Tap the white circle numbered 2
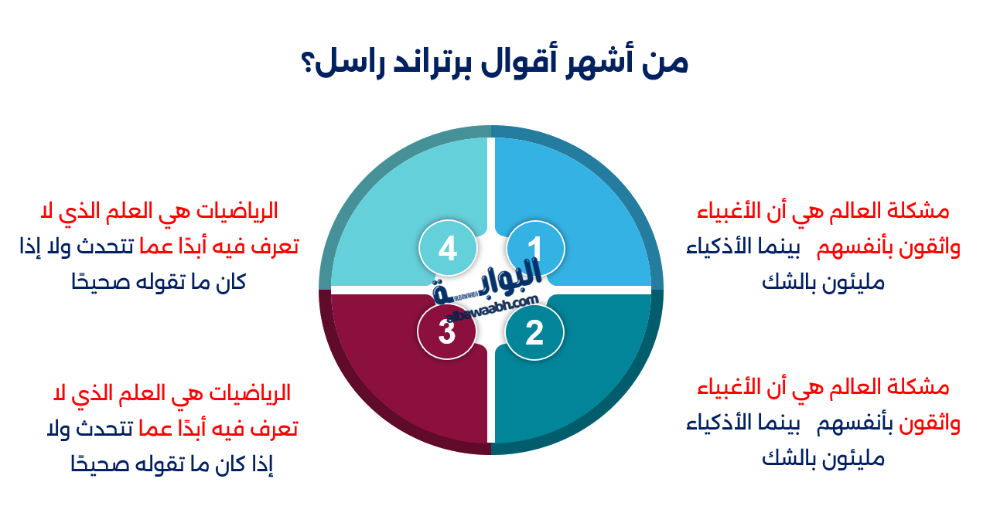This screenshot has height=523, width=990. (534, 333)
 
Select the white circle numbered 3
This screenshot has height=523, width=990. (446, 332)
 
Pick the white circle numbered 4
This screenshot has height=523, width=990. (447, 249)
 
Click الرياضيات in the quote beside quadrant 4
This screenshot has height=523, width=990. (235, 210)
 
